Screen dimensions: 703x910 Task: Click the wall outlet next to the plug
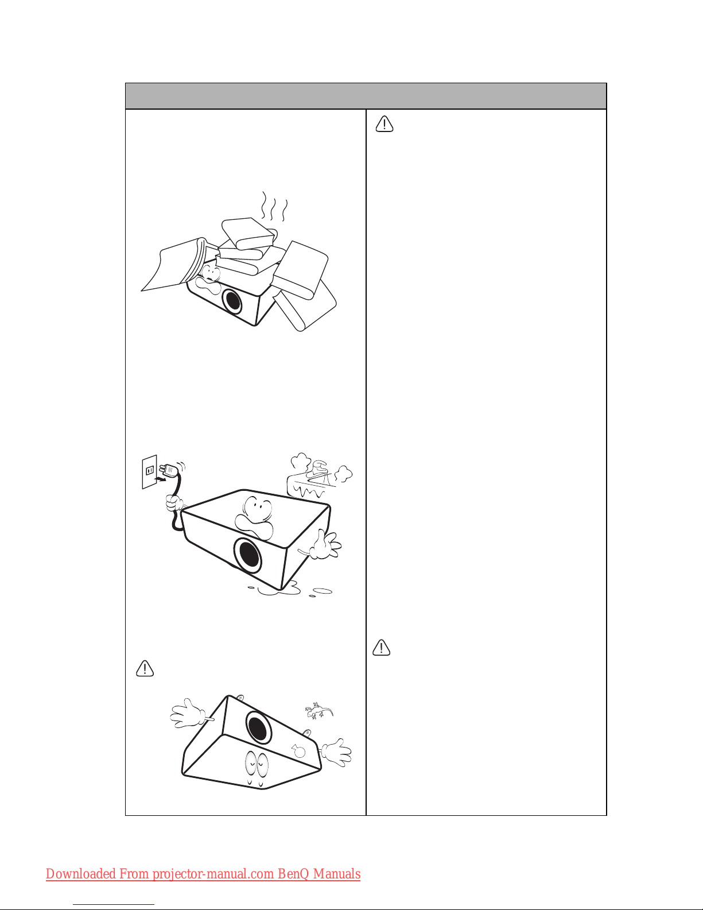click(149, 471)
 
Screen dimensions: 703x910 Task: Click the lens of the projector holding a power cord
click(247, 556)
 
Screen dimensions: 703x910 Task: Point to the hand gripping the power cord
click(174, 503)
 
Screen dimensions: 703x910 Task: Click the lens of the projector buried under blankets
click(232, 301)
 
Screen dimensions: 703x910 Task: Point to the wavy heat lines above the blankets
click(274, 207)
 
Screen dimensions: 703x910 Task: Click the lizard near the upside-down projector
click(319, 711)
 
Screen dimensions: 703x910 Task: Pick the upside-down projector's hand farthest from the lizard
click(188, 713)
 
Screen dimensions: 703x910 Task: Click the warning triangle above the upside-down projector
click(145, 668)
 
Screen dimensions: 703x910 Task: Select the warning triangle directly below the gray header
click(384, 124)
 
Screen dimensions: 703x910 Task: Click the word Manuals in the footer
click(337, 874)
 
